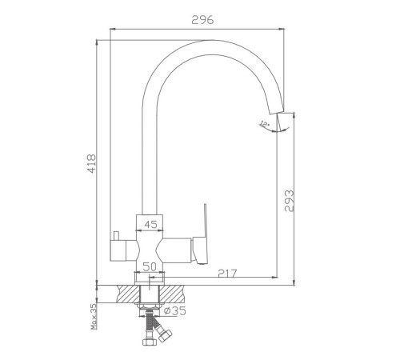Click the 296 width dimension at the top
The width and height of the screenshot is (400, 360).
pos(202,20)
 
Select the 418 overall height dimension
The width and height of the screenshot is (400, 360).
pos(91,163)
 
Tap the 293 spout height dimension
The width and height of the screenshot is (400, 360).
pos(289,201)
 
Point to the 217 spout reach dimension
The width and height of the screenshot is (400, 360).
pos(227,273)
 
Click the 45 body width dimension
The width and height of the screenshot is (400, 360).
pos(150,225)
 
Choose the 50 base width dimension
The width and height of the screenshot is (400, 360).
pos(149,266)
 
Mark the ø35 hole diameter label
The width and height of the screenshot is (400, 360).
pos(175,310)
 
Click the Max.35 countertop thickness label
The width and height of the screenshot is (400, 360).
pos(94,317)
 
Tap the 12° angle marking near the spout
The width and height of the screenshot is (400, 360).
pos(265,124)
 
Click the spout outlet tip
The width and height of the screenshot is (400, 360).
pos(277,112)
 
